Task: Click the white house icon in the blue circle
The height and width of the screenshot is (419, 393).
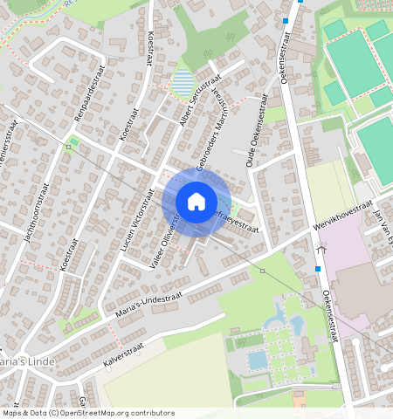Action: point(196,202)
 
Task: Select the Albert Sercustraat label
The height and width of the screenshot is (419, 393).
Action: point(196,102)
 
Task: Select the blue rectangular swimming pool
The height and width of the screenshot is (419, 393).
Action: point(258,360)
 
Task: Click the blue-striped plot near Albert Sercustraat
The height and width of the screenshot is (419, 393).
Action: point(183,83)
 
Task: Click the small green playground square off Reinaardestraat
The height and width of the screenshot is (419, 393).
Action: point(74,141)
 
